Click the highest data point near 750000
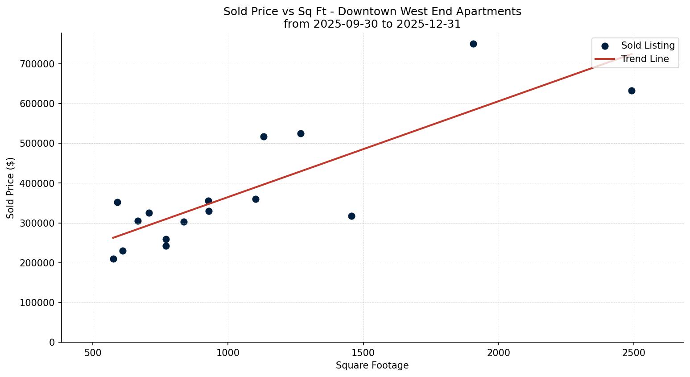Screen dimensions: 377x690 473,44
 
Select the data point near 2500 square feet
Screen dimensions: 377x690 632,91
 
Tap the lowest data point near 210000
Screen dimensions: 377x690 113,259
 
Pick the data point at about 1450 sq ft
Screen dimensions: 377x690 351,216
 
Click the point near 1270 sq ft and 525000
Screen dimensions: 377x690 301,133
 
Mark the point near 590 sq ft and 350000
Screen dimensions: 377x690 117,202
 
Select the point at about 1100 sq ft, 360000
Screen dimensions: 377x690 256,199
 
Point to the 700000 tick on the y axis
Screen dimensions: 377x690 37,64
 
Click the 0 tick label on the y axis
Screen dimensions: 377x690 53,342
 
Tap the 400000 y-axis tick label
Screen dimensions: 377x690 37,183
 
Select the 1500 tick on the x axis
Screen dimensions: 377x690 363,352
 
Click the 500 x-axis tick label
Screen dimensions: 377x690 93,352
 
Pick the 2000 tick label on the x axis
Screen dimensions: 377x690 498,352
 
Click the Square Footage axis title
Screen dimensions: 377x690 372,365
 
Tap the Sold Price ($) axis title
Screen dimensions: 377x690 11,188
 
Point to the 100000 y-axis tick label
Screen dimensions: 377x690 37,302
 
